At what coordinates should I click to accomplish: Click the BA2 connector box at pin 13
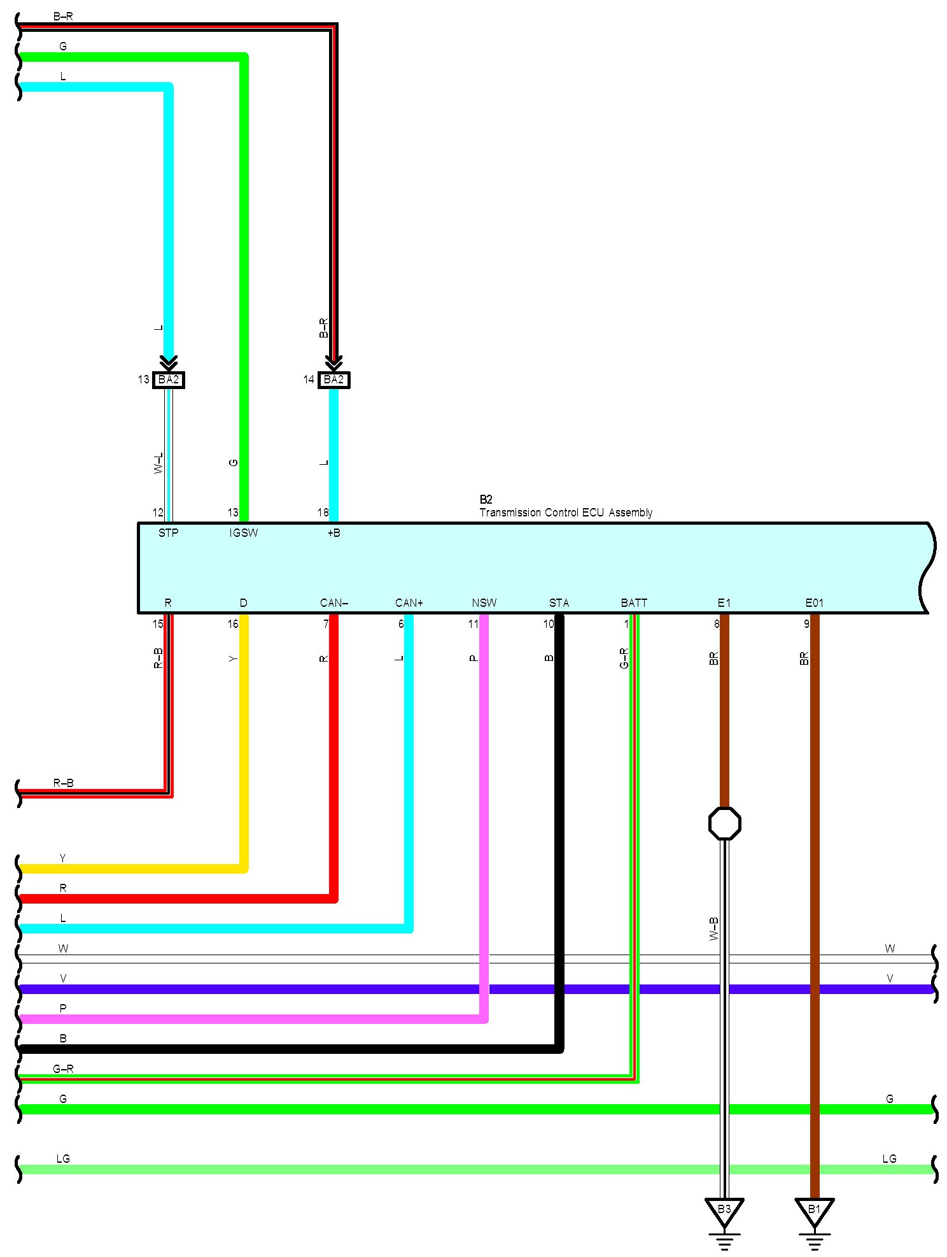coord(169,380)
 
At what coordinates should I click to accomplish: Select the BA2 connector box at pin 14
coord(333,380)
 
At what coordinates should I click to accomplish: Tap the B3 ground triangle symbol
coord(724,1212)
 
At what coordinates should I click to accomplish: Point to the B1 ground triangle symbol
coord(814,1212)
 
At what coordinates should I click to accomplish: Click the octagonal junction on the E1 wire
coord(724,823)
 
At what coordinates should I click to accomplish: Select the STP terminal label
coord(168,533)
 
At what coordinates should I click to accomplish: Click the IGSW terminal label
coord(244,533)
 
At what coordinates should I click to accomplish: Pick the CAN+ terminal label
coord(409,603)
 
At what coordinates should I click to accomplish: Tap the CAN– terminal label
coord(334,603)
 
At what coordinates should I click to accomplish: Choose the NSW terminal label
coord(484,603)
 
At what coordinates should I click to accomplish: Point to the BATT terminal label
coord(634,603)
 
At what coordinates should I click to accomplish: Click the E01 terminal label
coord(814,603)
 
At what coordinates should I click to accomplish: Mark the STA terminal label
coord(559,603)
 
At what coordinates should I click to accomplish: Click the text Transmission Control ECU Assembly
coord(566,513)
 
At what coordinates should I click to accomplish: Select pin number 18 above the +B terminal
coord(323,513)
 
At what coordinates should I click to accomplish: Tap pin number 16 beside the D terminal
coord(233,624)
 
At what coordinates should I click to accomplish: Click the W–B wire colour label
coord(713,929)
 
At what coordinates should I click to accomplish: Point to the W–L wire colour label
coord(158,463)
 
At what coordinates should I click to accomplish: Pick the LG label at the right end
coord(889,1159)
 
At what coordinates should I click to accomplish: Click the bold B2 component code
coord(486,500)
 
